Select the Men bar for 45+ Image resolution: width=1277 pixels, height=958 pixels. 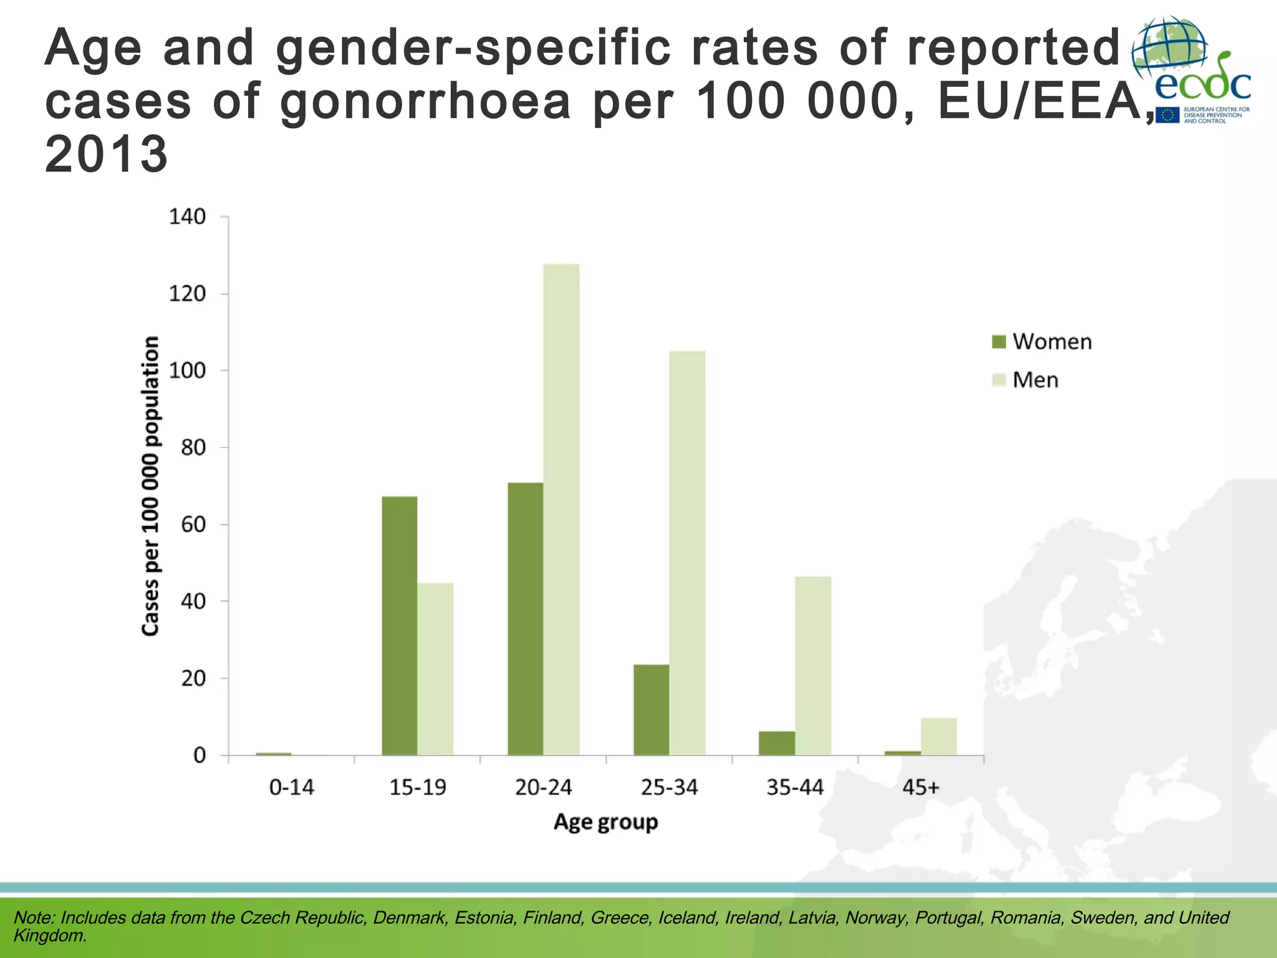938,737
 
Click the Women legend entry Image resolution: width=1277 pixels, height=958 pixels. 1042,342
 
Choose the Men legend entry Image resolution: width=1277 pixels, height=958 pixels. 1025,380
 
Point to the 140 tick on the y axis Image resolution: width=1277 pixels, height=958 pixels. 187,217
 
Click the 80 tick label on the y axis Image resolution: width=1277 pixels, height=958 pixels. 193,447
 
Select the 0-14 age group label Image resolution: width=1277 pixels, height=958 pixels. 291,788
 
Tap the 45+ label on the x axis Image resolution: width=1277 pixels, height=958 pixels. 920,788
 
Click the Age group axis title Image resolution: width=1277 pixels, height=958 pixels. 605,822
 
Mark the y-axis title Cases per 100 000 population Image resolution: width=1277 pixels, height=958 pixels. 151,486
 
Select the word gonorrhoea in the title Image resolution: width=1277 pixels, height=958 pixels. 425,102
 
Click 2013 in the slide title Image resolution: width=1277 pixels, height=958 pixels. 107,154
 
